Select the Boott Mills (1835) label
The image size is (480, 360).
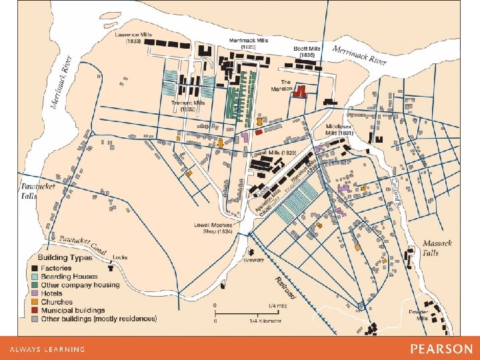click(307, 51)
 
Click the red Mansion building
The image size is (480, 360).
click(301, 91)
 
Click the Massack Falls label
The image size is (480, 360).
click(437, 247)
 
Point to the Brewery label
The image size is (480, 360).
click(253, 260)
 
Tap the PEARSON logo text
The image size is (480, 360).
click(441, 349)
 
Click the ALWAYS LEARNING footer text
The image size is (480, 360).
click(47, 349)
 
